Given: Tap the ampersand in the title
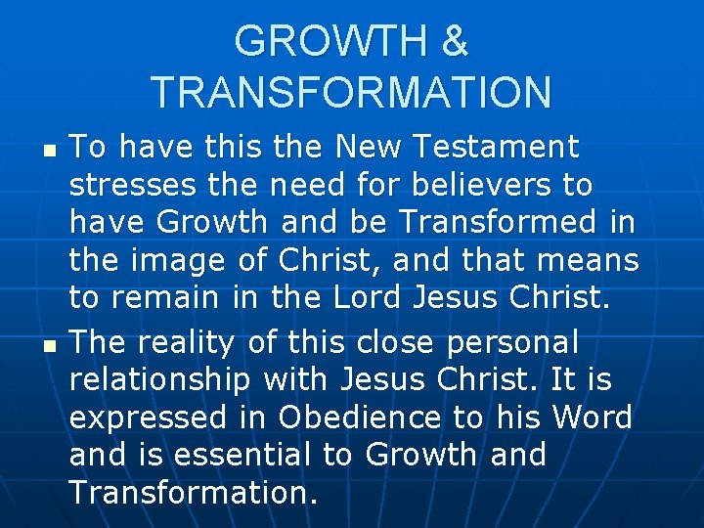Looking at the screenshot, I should pyautogui.click(x=456, y=42).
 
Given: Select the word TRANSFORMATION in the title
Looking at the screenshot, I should pyautogui.click(x=352, y=93).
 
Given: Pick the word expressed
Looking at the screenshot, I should pyautogui.click(x=151, y=418).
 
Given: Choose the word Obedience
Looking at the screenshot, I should pyautogui.click(x=359, y=418).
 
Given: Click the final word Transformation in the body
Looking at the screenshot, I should pyautogui.click(x=194, y=494).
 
